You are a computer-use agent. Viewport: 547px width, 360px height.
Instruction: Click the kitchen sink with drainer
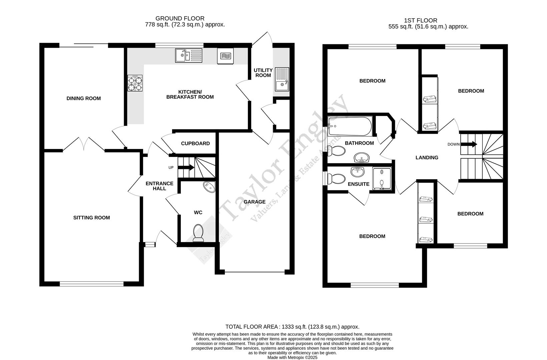coord(188,55)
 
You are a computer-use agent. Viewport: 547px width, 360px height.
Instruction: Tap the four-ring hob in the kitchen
coord(135,83)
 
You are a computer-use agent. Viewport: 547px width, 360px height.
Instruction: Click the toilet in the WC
coord(198,232)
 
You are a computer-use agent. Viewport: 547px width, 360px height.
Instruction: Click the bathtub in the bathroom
coord(350,126)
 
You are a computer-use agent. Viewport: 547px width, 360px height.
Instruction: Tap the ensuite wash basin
coord(358,172)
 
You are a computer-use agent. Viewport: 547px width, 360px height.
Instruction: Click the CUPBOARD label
coord(195,143)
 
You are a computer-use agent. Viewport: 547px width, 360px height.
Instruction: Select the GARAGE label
coord(254,202)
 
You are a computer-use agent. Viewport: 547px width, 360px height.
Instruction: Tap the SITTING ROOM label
coord(91,218)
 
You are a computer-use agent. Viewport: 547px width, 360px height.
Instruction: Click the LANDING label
coord(427,158)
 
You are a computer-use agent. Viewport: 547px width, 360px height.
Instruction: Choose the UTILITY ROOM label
coord(263,73)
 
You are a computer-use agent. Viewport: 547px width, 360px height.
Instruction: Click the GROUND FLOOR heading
coord(180,19)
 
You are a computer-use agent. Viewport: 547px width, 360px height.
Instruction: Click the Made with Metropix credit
coord(292,357)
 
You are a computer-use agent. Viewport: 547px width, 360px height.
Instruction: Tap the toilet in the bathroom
coord(337,151)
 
